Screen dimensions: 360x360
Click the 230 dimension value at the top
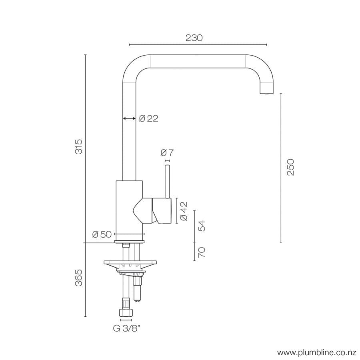pos(194,38)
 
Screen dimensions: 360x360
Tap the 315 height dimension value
pos(79,146)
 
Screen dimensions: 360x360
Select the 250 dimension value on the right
pos(291,167)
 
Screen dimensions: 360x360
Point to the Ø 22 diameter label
pos(148,118)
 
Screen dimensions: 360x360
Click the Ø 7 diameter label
pos(167,153)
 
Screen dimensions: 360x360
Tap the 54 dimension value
pos(202,226)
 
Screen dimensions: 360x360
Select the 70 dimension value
pos(202,252)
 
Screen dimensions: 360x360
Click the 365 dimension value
pos(79,278)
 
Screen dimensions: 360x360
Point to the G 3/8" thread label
pos(126,329)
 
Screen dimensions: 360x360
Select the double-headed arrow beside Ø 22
pos(129,118)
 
